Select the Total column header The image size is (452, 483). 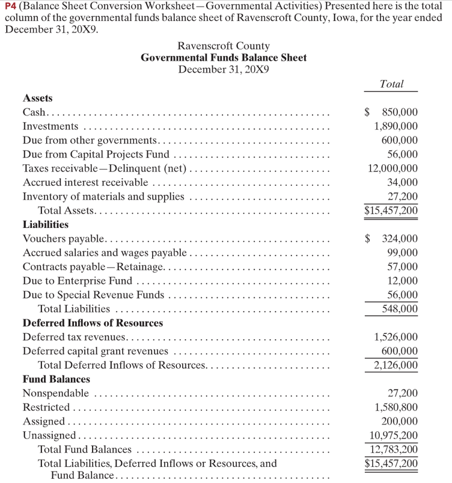coord(392,84)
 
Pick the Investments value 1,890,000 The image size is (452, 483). coord(395,126)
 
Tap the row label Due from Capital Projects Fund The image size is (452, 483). coord(96,154)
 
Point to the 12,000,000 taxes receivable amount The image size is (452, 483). coord(393,168)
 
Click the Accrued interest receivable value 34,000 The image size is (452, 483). coord(403,182)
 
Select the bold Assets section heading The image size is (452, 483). coord(37,98)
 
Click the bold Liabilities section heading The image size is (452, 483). coord(45,224)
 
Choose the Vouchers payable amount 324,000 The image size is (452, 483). coord(400,239)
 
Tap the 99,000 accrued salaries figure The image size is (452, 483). coord(403,253)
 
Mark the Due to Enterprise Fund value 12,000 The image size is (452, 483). coord(403,281)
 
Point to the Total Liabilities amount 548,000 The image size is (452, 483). coord(400,309)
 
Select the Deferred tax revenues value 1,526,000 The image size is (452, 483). coord(395,337)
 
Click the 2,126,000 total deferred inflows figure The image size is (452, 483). coord(395,365)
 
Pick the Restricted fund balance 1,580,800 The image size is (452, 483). coord(395,408)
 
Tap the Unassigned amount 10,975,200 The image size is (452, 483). coord(393,435)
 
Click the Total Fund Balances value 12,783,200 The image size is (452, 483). coord(393,449)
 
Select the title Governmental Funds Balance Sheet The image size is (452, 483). coord(224,58)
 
